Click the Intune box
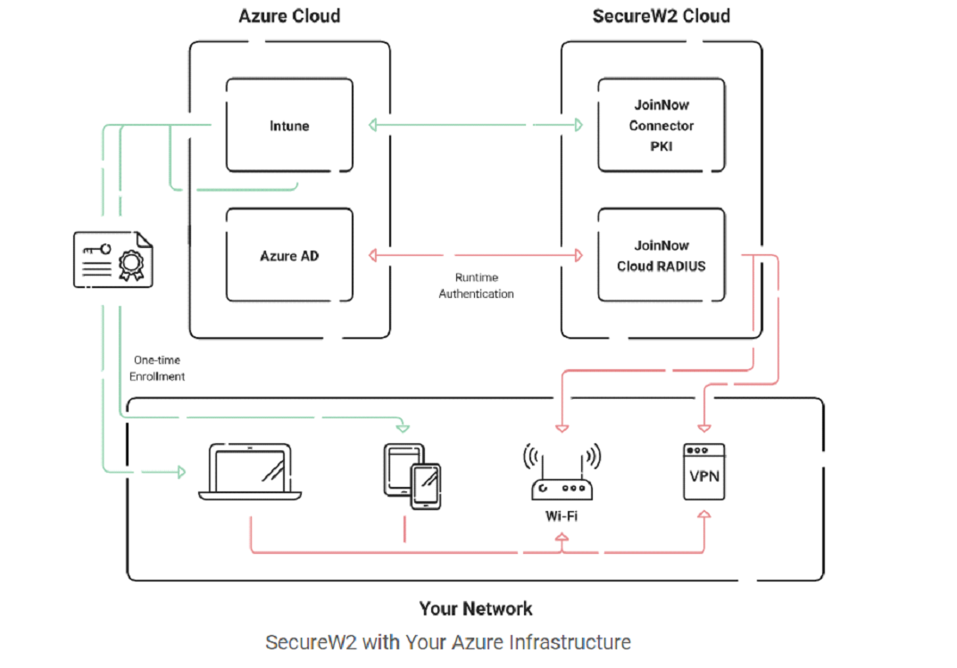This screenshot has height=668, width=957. [x=289, y=126]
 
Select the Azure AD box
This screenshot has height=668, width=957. [x=289, y=256]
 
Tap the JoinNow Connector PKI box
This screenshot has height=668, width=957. [x=661, y=126]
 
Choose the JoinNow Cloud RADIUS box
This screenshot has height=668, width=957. [x=661, y=256]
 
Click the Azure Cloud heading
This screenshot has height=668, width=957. [x=289, y=16]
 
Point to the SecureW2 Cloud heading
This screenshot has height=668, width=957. [x=661, y=16]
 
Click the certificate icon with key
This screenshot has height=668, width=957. [x=112, y=260]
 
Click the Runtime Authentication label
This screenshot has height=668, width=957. [x=476, y=285]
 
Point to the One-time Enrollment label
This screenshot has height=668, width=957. [x=157, y=368]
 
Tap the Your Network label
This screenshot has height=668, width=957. [x=476, y=609]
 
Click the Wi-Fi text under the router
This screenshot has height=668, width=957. [x=562, y=515]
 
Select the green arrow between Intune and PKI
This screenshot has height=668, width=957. [x=475, y=126]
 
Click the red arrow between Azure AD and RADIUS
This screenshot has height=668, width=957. [x=475, y=256]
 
